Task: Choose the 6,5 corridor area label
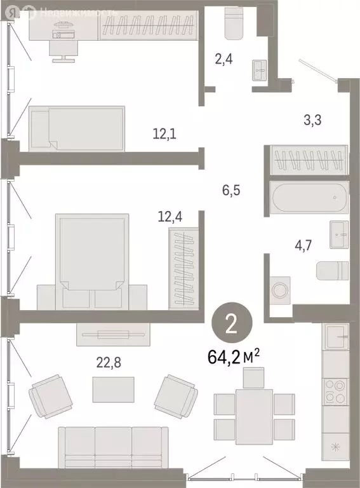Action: pyautogui.click(x=232, y=189)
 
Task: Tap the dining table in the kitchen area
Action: pyautogui.click(x=253, y=417)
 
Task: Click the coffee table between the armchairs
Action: pyautogui.click(x=113, y=389)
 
